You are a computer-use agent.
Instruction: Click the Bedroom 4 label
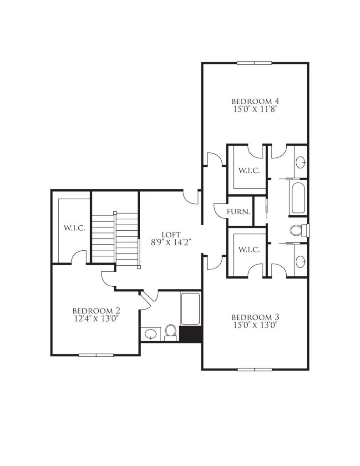255,101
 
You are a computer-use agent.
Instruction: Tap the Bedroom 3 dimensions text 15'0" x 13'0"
255,325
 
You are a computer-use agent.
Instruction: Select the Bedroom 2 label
96,311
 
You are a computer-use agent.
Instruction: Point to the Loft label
171,235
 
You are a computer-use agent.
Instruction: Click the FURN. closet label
238,212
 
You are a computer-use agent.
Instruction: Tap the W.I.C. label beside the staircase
75,228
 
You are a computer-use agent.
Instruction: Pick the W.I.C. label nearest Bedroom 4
249,171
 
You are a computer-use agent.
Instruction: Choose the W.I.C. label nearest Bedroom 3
249,250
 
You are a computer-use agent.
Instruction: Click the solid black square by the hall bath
191,334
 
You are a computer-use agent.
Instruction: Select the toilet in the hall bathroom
171,332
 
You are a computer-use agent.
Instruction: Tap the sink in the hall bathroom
151,334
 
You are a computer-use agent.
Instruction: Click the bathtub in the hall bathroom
190,309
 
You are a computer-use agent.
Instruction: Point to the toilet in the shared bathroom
299,230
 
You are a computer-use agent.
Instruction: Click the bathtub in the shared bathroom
298,198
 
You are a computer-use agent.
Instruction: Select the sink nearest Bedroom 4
300,162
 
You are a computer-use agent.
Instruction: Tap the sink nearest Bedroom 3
300,261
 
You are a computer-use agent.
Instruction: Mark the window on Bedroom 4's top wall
254,63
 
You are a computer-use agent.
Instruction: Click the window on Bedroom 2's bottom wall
96,355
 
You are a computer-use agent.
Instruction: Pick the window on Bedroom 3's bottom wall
255,370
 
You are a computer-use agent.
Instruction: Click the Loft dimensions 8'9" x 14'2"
171,243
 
